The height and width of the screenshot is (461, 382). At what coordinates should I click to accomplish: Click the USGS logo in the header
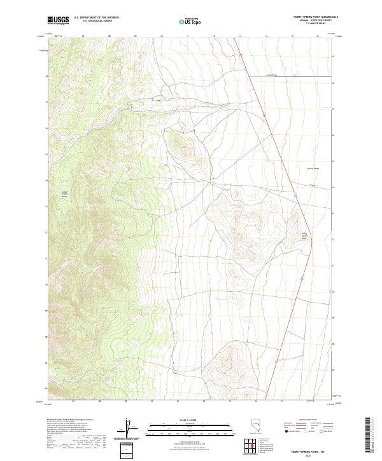click(58, 20)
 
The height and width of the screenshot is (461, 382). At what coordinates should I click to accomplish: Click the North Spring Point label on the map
click(304, 237)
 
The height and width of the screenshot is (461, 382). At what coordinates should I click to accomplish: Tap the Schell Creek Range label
click(64, 194)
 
